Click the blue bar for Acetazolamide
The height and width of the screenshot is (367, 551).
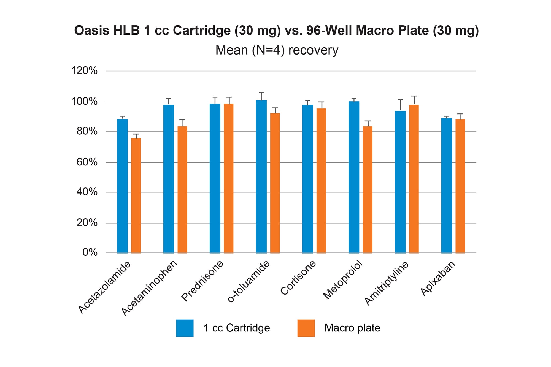point(122,186)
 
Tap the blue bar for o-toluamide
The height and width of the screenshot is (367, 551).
point(261,176)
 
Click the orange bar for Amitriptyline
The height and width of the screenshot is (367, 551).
point(414,179)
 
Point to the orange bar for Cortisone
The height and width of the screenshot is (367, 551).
point(321,181)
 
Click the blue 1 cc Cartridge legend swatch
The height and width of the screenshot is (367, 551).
point(185,328)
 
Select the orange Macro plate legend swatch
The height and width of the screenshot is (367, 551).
point(306,328)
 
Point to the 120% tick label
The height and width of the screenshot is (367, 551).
point(84,71)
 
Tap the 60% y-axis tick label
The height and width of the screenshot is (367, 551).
point(87,162)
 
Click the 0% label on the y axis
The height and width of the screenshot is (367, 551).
point(90,252)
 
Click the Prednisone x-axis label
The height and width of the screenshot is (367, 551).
point(202,281)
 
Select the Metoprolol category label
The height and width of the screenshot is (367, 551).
point(343,280)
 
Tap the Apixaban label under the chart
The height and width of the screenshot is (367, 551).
point(438,278)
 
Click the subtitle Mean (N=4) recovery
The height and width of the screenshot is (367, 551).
point(277,50)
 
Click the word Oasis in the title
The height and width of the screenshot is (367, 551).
point(92,30)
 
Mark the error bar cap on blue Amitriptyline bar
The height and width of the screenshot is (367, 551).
point(400,100)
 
